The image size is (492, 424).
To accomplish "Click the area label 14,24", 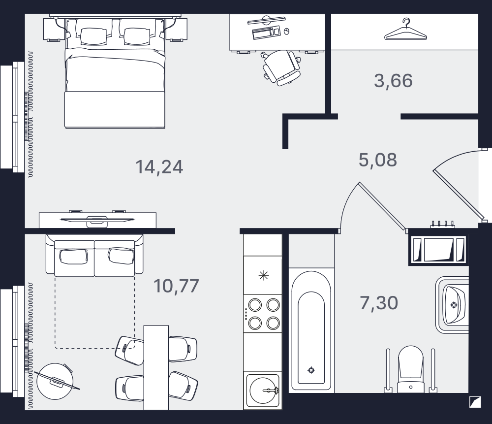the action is point(159,167).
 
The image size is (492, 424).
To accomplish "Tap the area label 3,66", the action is point(393,80).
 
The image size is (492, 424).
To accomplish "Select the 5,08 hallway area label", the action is point(378,160).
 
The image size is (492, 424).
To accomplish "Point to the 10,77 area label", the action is point(176,286).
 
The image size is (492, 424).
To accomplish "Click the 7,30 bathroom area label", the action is point(379,303).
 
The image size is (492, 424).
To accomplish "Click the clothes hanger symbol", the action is point(406,30).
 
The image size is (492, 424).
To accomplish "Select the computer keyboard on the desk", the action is point(266,33).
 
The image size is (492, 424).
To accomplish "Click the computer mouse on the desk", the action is point(286,31).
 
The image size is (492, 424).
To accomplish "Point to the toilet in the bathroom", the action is point(410,369).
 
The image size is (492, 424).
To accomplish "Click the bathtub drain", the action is point(311,370).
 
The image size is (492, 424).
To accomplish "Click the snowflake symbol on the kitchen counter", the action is point(264,276).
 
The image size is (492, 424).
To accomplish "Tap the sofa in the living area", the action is point(94,256).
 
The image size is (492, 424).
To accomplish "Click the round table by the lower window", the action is point(55,382).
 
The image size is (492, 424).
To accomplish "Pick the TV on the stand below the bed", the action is point(97,219).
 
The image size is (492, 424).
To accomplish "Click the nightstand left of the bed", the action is point(54,30).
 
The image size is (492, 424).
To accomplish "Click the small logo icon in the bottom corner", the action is point(475,402).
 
